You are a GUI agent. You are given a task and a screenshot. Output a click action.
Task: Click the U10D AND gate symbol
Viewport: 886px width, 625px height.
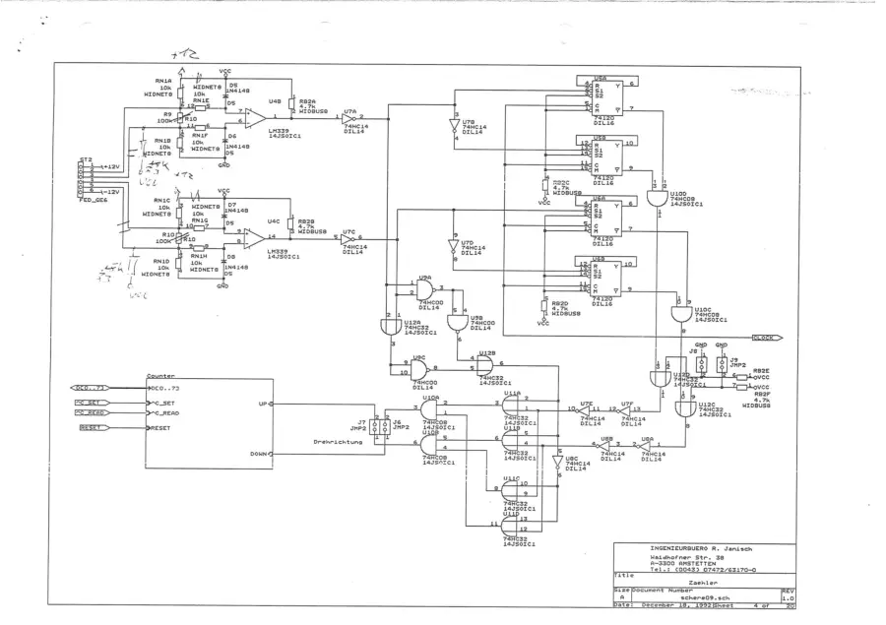click(655, 201)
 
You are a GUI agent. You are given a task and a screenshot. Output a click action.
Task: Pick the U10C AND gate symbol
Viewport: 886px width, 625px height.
click(679, 313)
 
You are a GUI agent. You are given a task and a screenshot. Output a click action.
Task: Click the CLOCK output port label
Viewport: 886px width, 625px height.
click(764, 338)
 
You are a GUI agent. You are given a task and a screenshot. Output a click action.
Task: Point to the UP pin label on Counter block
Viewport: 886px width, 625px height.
click(260, 404)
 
